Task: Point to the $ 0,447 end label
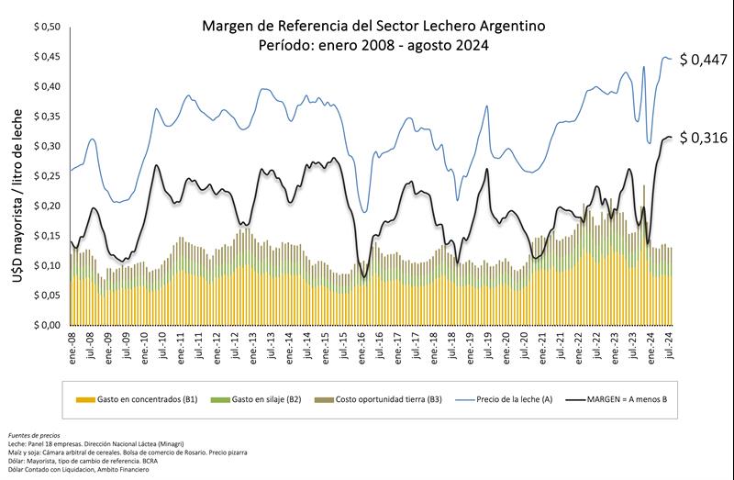click(x=702, y=60)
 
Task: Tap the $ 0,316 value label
click(x=702, y=138)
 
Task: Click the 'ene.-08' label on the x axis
click(x=72, y=347)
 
